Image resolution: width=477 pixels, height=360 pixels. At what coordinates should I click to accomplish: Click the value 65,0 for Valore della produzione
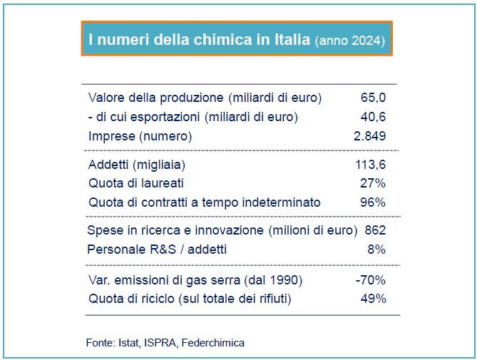(x=373, y=97)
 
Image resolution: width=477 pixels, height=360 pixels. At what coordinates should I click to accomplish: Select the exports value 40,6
(x=373, y=116)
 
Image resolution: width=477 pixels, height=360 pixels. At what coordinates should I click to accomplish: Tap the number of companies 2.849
(x=369, y=135)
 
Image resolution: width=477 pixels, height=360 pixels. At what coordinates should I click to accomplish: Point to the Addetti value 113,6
(x=370, y=165)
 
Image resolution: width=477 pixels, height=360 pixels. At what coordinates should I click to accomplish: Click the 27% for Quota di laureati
(x=374, y=183)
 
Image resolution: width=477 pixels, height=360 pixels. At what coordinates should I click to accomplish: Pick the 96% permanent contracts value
(x=373, y=202)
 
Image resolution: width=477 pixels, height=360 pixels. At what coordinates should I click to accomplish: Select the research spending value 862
(x=375, y=230)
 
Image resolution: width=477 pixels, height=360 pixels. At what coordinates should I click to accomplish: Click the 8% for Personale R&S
(x=377, y=250)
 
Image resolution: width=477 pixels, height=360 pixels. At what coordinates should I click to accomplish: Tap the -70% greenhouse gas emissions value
(x=370, y=279)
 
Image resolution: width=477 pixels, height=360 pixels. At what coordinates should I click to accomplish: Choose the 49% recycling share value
(x=373, y=298)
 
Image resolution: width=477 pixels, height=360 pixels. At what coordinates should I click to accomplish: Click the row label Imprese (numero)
(x=140, y=135)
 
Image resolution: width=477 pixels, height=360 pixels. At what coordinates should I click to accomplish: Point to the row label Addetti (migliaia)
(x=137, y=165)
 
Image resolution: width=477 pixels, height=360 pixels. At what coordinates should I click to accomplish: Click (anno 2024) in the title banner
(x=349, y=40)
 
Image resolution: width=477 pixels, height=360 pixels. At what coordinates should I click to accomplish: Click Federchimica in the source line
(x=213, y=343)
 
